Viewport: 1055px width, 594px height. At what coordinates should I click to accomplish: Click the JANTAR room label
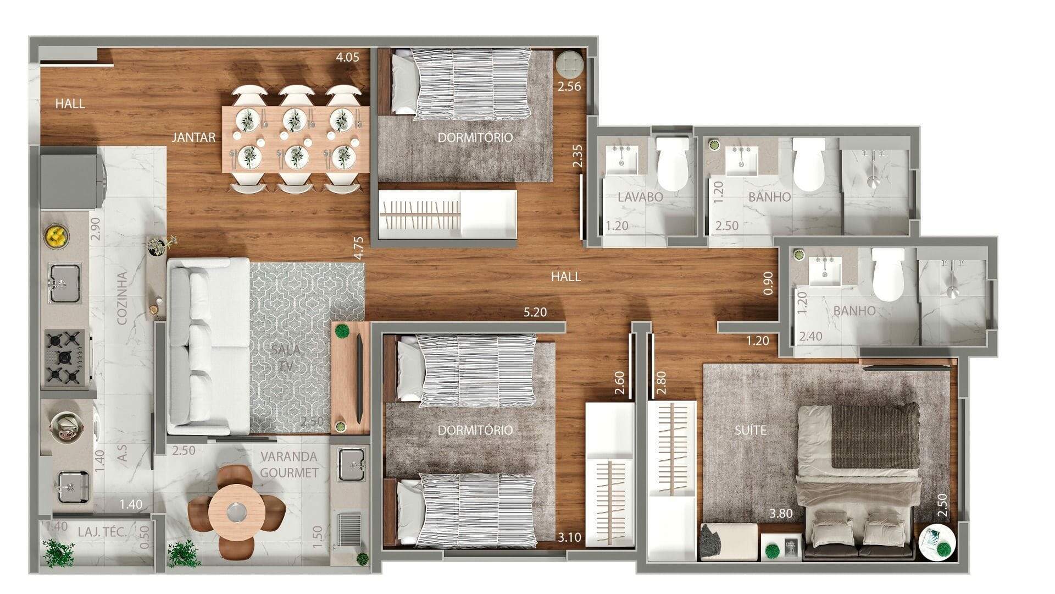click(x=193, y=137)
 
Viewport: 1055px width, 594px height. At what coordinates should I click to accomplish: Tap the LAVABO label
click(x=640, y=196)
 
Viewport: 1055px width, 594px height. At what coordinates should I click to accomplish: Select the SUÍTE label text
click(x=751, y=430)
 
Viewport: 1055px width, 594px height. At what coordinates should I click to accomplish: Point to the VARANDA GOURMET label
click(x=289, y=465)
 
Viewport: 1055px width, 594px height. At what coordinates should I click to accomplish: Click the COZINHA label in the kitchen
click(x=123, y=298)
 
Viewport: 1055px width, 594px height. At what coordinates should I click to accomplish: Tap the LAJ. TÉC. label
click(x=103, y=532)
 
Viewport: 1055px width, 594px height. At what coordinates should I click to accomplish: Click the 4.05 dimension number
click(x=348, y=57)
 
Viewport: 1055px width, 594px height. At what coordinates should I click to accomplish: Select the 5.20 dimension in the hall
click(x=535, y=312)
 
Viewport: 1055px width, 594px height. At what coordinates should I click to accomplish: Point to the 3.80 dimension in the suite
click(x=781, y=514)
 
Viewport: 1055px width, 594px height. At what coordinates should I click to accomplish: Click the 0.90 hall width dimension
click(x=768, y=283)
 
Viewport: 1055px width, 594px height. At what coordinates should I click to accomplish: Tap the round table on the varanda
click(x=237, y=512)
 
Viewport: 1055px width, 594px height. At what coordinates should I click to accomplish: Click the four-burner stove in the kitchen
click(x=65, y=357)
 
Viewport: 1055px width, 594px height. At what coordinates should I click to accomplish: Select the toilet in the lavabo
click(x=673, y=163)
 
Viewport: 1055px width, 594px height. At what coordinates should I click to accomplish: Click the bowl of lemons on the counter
click(x=56, y=235)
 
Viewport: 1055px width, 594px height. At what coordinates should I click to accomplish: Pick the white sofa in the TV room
click(x=208, y=346)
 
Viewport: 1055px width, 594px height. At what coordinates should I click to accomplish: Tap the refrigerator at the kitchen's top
click(x=70, y=180)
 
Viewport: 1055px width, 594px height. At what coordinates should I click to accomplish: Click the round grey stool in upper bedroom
click(x=569, y=64)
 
